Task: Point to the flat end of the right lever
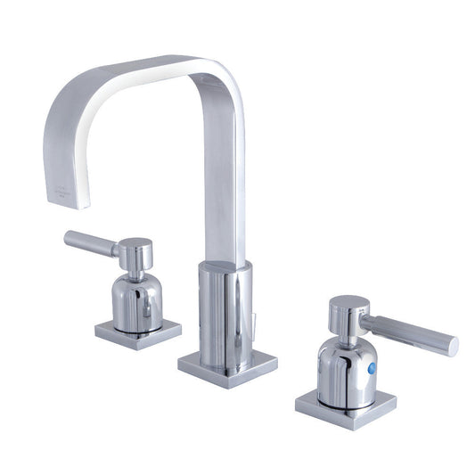point(453,346)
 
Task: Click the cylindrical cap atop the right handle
point(346,314)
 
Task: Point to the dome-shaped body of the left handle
point(136,299)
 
